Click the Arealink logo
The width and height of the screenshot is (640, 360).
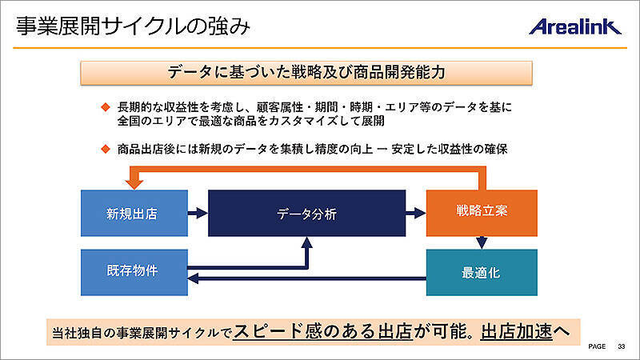tap(574, 26)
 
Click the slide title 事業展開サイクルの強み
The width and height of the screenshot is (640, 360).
tap(133, 26)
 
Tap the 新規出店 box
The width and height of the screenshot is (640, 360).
tap(134, 214)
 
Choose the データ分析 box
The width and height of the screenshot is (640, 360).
tap(306, 214)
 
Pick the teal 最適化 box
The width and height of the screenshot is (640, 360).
tap(481, 272)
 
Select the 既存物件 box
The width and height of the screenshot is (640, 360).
tap(134, 270)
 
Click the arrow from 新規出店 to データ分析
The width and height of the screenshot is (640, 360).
tap(198, 214)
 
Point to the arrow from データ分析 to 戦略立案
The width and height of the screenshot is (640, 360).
tap(415, 214)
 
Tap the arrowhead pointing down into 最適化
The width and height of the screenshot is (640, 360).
tap(482, 242)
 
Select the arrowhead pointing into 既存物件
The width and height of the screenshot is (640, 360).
tap(194, 279)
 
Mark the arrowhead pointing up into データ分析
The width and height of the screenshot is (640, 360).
tap(306, 242)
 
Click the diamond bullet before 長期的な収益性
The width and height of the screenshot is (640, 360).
tap(104, 106)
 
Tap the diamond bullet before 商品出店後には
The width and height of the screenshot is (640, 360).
tap(104, 149)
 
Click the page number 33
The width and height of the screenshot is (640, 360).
tap(621, 347)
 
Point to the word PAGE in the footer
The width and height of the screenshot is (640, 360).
tap(597, 347)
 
